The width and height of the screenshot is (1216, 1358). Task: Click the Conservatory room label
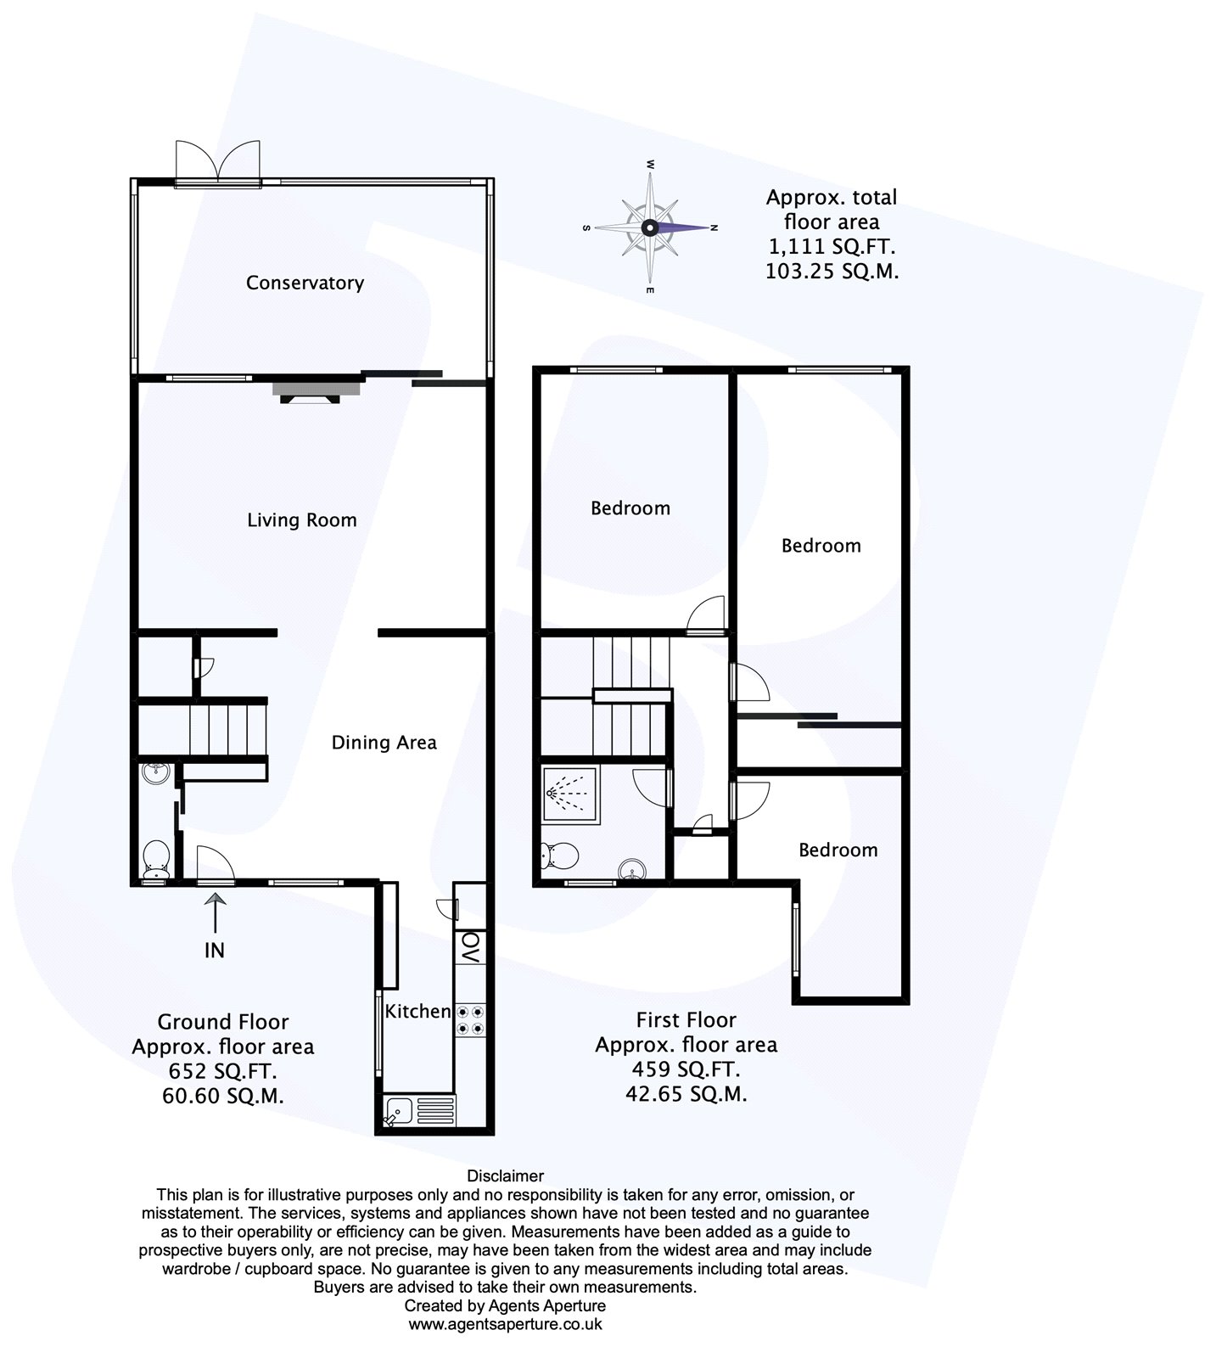coord(305,283)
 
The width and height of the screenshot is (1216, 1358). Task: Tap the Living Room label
coord(301,519)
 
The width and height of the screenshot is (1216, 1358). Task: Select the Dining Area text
coord(384,743)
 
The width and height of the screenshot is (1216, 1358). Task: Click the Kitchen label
coord(417,1011)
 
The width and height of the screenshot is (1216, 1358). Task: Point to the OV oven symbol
coord(469,947)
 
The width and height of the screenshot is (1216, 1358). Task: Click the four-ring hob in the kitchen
coord(471,1019)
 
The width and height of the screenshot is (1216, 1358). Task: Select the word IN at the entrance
coord(215,950)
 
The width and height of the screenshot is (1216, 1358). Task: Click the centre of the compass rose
coord(649,227)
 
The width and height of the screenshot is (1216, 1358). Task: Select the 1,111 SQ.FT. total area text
coord(831,247)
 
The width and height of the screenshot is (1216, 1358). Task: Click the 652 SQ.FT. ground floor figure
coord(222,1071)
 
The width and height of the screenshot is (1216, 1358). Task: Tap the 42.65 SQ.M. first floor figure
coord(686,1094)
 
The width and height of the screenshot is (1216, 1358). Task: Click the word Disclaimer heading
coord(505,1176)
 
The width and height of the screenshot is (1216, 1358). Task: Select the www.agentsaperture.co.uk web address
coord(505,1323)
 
